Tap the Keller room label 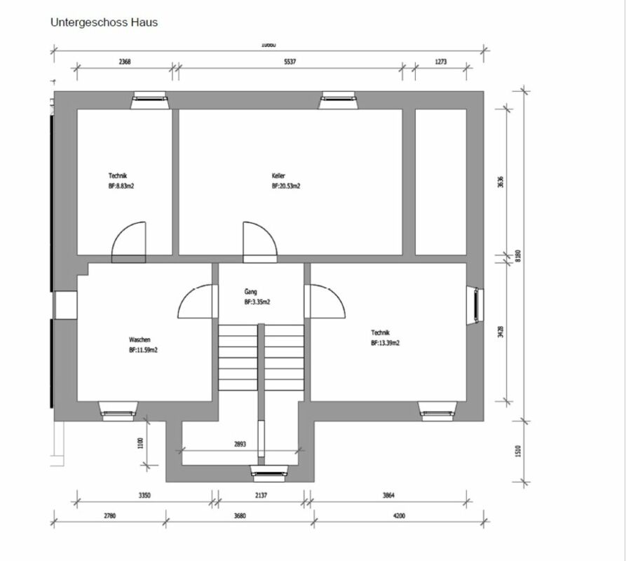coord(279,176)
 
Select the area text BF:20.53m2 coord(286,187)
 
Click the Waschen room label coord(140,339)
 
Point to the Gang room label coord(251,291)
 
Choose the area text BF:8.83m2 coord(121,187)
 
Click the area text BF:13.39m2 coord(386,344)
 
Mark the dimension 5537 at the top coord(290,62)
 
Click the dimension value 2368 coord(125,62)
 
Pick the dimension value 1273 coord(440,62)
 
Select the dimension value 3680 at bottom coord(240,516)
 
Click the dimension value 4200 coord(399,516)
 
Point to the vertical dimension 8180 coord(519,255)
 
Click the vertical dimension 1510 coord(519,451)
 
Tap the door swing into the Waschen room coord(197,302)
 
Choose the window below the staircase coord(269,474)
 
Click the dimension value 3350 coord(144,495)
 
